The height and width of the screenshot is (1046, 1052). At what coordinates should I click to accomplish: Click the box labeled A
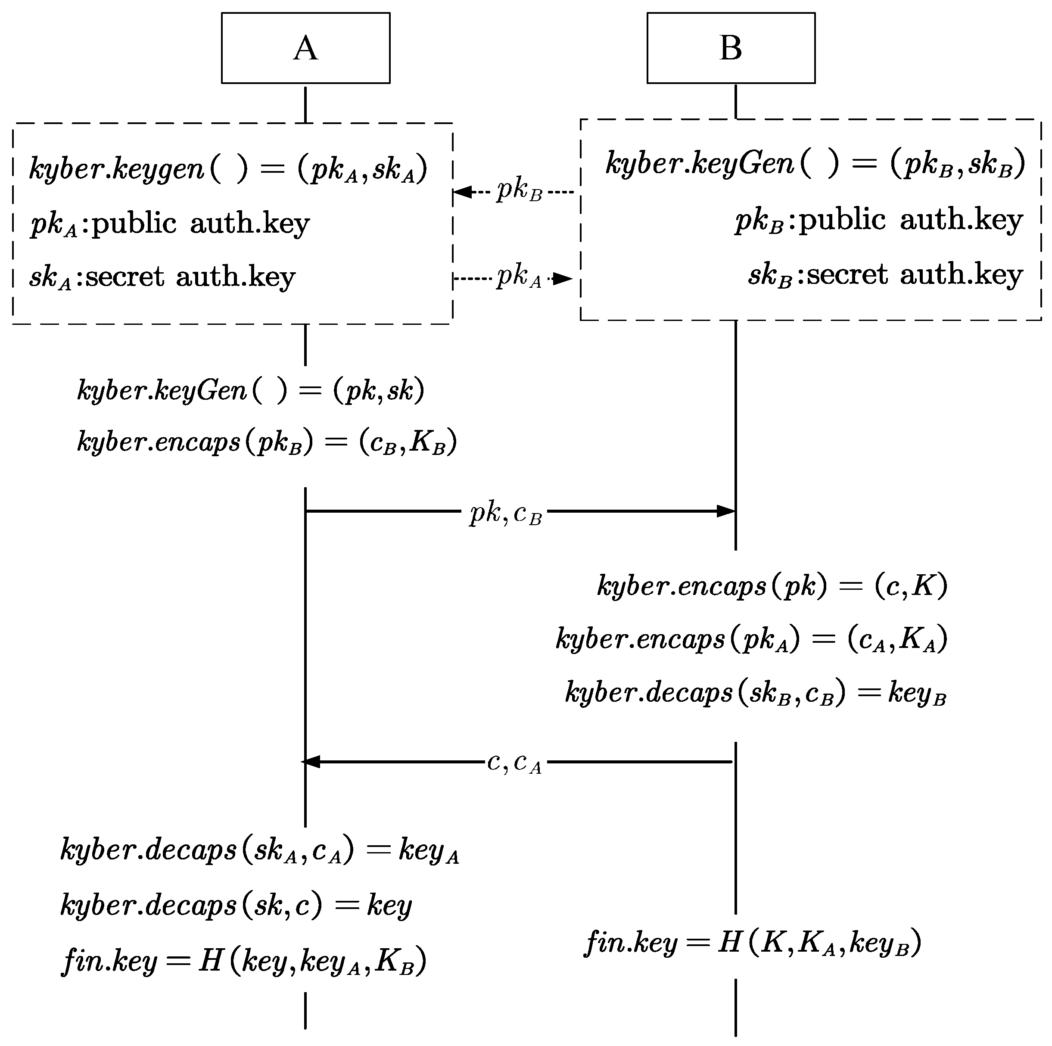(x=305, y=48)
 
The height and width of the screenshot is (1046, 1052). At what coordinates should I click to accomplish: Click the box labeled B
(x=731, y=48)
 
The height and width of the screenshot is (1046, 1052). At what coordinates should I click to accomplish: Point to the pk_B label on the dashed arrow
(x=519, y=190)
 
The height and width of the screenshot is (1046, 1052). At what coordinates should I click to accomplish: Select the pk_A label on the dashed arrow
(x=519, y=276)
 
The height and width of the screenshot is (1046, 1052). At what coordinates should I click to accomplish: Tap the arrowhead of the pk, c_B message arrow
(x=726, y=511)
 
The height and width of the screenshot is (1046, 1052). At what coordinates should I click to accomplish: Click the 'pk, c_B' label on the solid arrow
(x=506, y=514)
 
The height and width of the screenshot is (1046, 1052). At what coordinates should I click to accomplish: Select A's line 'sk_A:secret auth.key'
(x=162, y=277)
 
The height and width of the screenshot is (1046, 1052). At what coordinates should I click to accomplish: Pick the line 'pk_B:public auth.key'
(x=879, y=221)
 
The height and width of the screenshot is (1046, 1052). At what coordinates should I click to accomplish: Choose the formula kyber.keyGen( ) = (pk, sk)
(x=250, y=390)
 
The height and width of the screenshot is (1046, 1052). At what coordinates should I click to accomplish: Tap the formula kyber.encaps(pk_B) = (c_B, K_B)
(x=267, y=442)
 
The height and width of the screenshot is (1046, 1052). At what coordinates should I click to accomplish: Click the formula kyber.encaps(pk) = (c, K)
(x=772, y=586)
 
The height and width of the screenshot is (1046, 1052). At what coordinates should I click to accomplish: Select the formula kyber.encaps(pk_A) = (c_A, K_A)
(x=751, y=639)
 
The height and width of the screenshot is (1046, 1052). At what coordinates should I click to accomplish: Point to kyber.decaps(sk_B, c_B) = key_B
(x=756, y=694)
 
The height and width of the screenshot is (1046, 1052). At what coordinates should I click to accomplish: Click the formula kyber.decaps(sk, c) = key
(x=236, y=906)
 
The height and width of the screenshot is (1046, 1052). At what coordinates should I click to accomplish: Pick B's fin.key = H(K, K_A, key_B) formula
(x=753, y=943)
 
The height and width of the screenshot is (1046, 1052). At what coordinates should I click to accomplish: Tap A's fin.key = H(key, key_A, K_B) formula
(x=244, y=961)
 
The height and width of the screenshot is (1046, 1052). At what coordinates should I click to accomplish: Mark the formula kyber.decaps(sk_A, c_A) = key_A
(x=260, y=850)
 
